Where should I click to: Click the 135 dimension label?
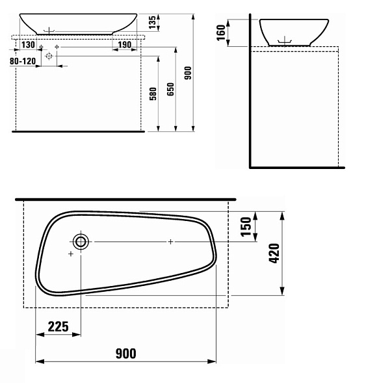click(152, 22)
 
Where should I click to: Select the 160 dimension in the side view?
click(221, 32)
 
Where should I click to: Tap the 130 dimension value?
click(28, 45)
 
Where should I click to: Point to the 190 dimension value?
click(124, 45)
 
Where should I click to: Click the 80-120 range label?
click(23, 61)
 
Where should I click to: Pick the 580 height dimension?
click(153, 94)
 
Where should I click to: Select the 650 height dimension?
click(170, 89)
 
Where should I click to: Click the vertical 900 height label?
click(188, 73)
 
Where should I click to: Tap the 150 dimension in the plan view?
click(246, 227)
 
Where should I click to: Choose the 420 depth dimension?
click(274, 253)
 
